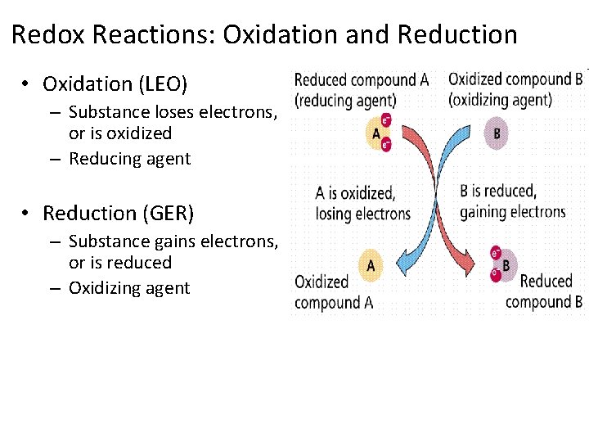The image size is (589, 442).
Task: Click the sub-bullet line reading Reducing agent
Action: tap(129, 159)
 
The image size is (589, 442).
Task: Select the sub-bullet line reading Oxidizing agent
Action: tap(129, 288)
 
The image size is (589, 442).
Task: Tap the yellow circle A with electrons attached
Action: tap(377, 133)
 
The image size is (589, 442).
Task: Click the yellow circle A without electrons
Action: tap(371, 264)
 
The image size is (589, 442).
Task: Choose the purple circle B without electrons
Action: tap(497, 133)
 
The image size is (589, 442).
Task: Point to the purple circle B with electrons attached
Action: tap(504, 264)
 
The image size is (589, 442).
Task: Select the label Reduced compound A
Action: tap(361, 80)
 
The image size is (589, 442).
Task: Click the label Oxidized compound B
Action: tap(515, 79)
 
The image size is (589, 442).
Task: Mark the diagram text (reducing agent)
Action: tap(344, 101)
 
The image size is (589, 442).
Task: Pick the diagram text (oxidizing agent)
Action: tap(500, 100)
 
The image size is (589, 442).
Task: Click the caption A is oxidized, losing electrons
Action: tap(362, 203)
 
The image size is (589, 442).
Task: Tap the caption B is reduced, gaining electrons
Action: tap(512, 201)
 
